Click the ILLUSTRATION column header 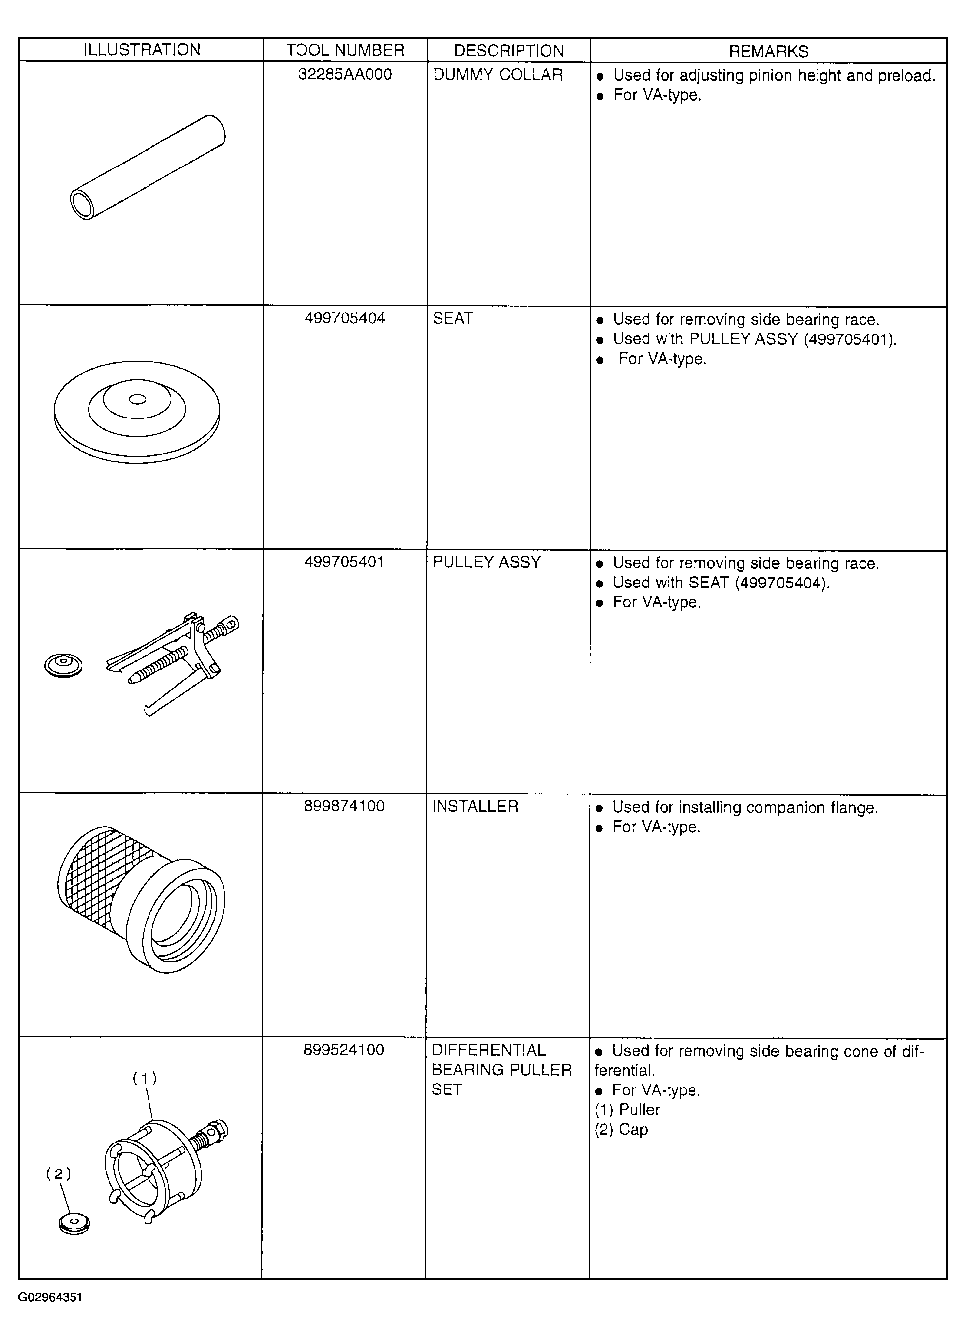142,50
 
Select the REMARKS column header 768,51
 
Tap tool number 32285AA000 345,75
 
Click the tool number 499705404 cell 345,318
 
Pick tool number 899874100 345,806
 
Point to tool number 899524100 344,1050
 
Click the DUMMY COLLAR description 498,75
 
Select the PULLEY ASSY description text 487,562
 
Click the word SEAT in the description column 452,318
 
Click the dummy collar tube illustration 148,167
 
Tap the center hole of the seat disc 138,400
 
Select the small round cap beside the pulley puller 64,666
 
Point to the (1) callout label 145,1079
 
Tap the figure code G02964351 50,1297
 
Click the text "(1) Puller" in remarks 627,1110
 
